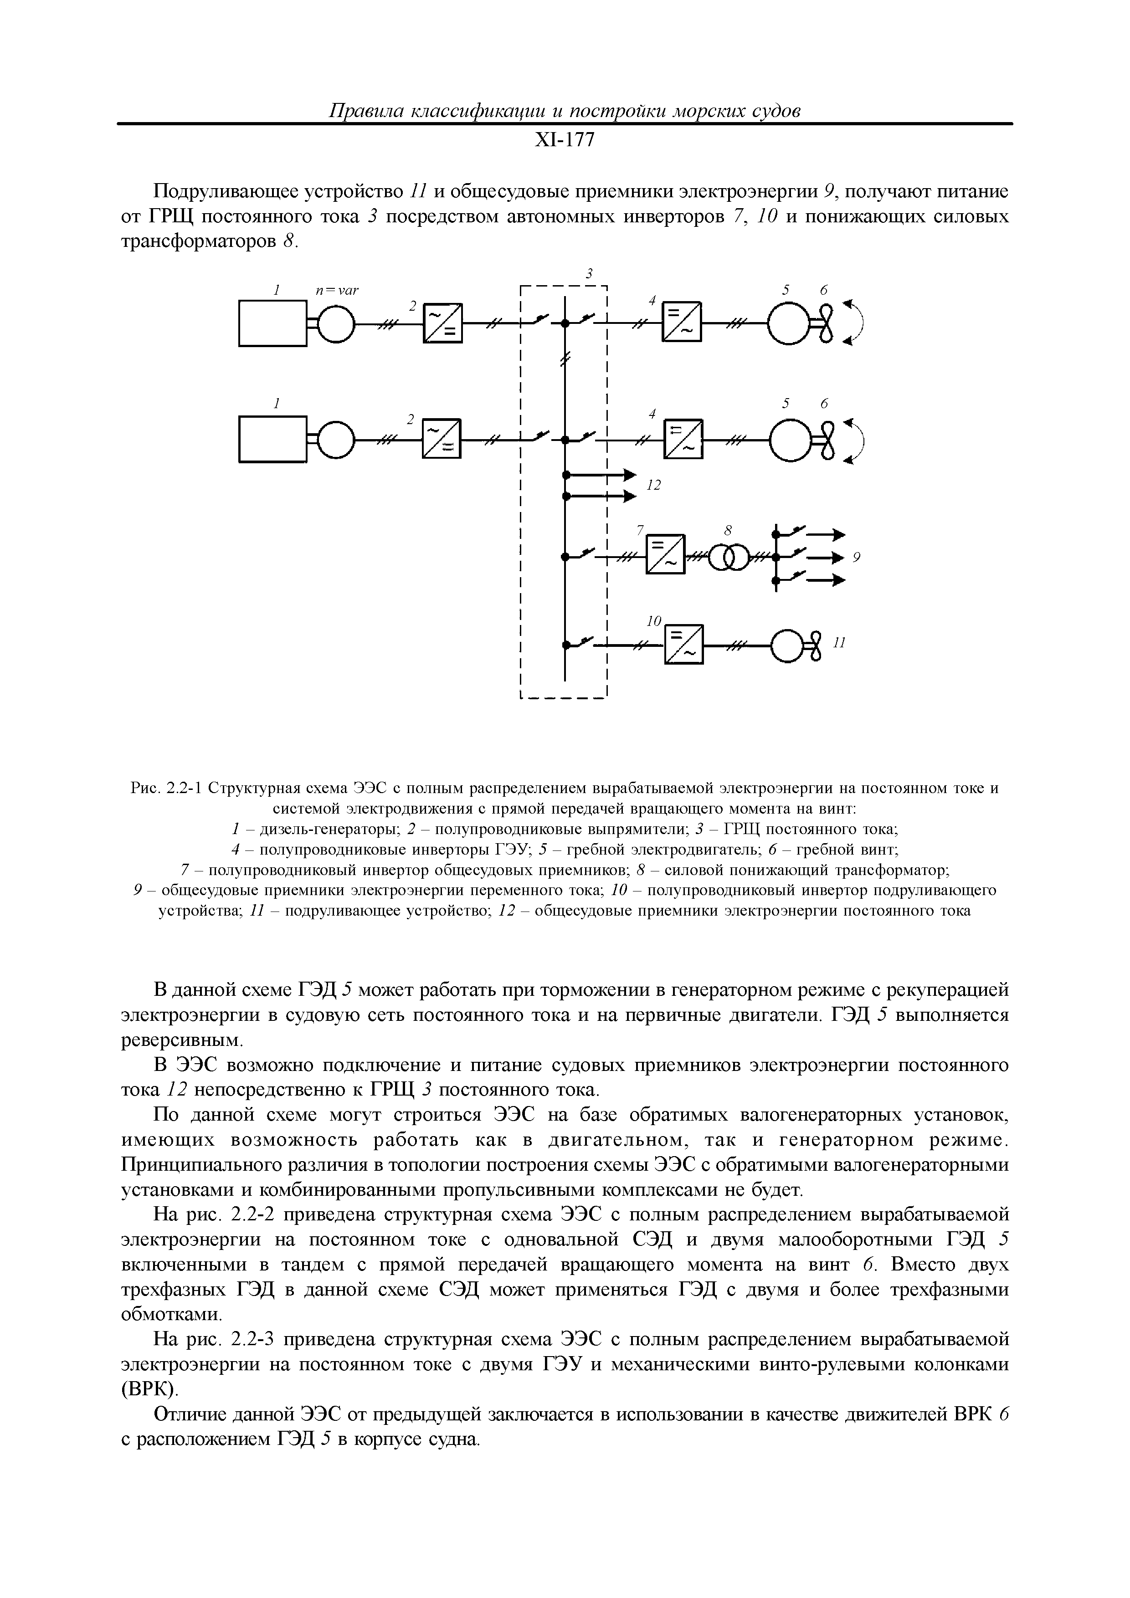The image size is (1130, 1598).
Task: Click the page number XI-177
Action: coord(565,141)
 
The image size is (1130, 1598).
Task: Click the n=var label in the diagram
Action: coord(337,290)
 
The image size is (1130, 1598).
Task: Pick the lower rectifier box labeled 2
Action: coord(442,439)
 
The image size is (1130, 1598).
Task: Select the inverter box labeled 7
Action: coord(666,555)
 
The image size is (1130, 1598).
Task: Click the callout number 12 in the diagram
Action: coord(653,485)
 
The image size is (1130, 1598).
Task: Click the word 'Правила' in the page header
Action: coord(365,111)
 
